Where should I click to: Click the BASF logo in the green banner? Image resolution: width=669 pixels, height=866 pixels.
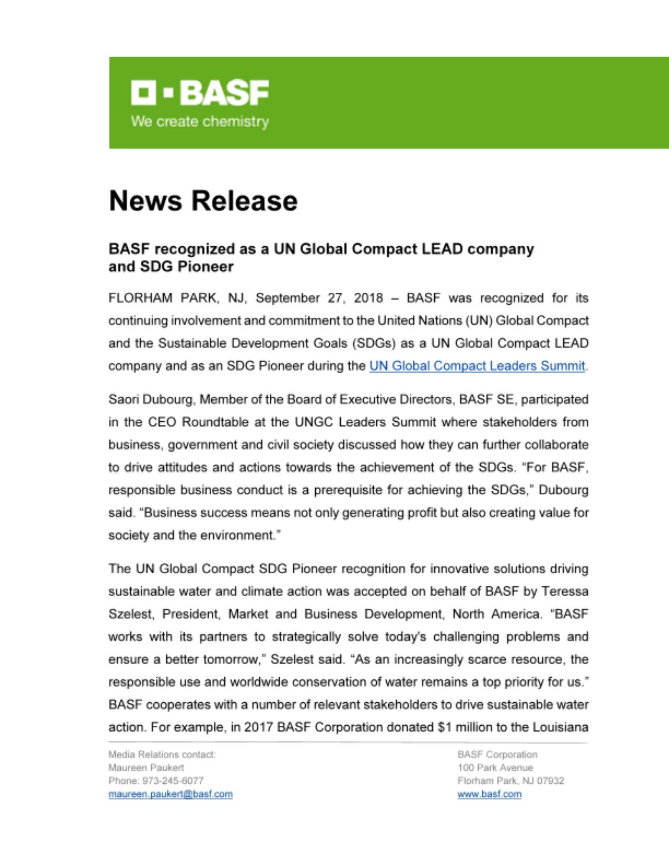(200, 92)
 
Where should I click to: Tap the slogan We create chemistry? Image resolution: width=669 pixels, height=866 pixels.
(200, 121)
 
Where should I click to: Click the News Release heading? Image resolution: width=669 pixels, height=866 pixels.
(203, 201)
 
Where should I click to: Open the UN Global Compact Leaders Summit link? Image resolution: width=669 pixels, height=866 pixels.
(477, 366)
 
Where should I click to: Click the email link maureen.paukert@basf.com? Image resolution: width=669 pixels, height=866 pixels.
(170, 794)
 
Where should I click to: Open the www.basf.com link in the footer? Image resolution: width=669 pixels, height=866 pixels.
(489, 794)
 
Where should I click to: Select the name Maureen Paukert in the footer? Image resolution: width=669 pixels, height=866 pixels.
(146, 768)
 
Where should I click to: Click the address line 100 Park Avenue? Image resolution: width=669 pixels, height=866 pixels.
(495, 768)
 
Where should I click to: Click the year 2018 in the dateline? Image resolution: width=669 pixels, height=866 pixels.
(368, 298)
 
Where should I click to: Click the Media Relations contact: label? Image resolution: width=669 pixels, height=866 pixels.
(162, 754)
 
